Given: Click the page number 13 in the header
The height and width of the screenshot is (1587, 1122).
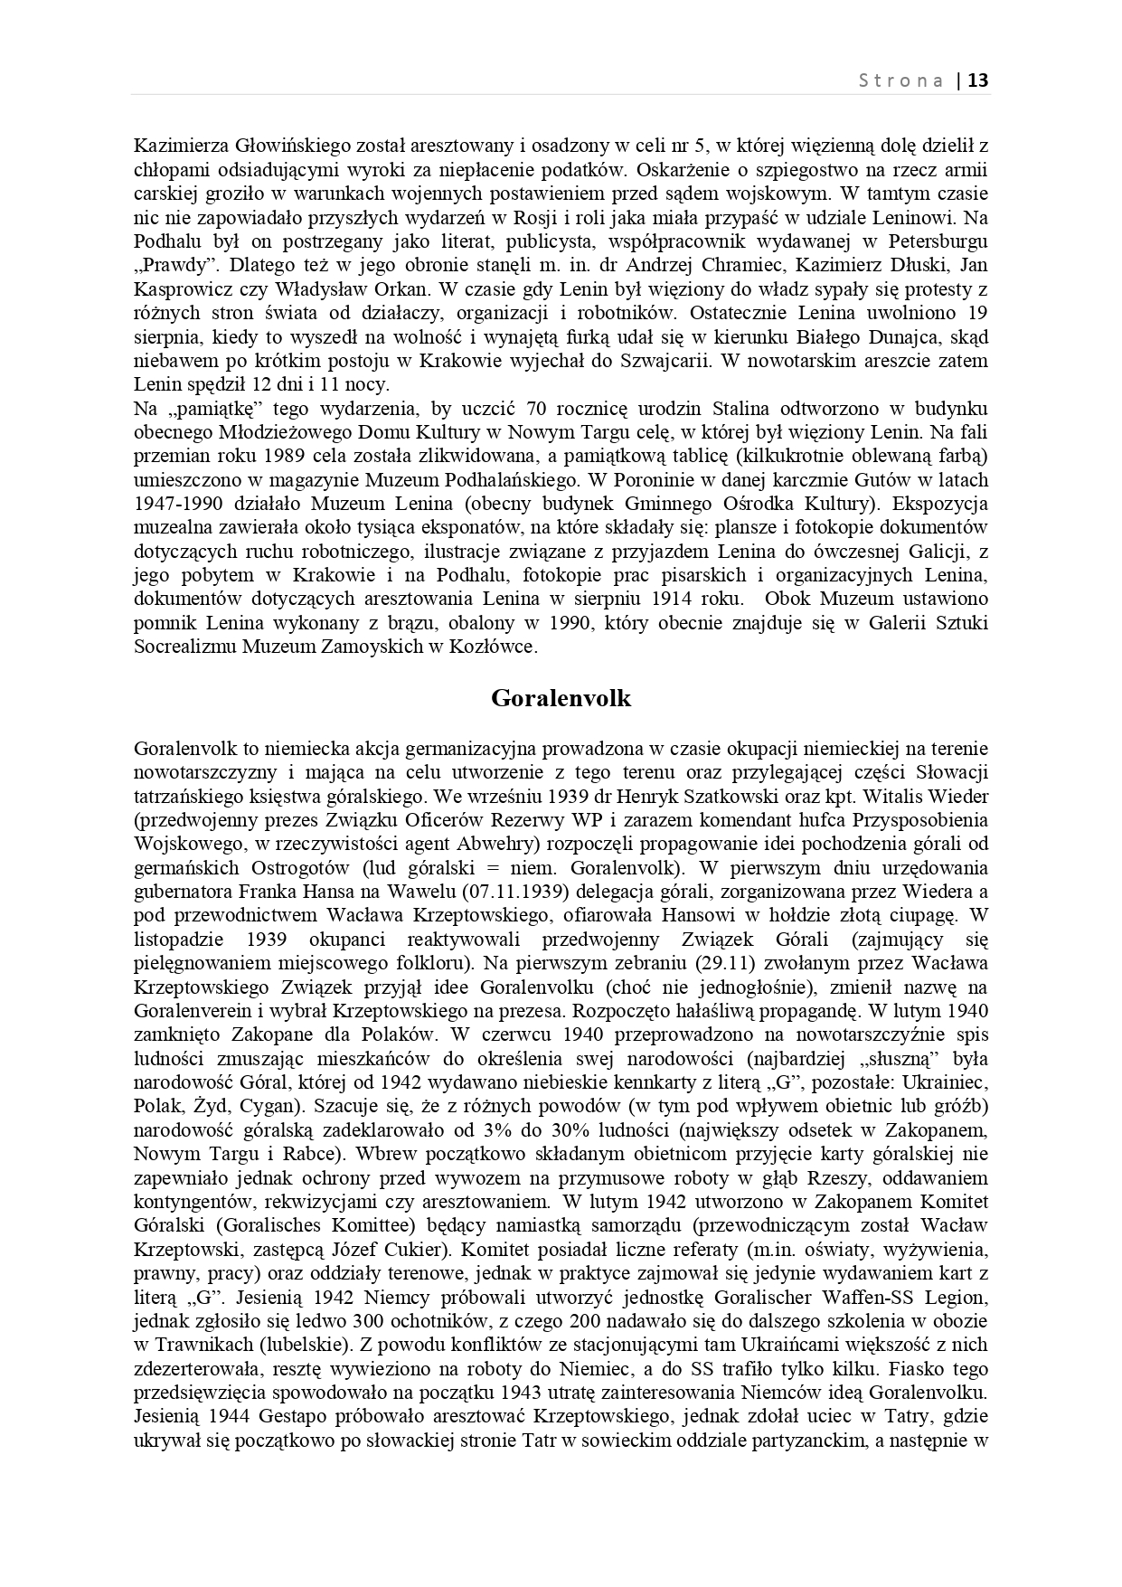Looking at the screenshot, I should (978, 80).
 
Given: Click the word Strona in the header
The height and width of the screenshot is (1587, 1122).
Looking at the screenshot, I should (900, 80).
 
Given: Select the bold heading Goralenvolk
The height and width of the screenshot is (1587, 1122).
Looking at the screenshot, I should (561, 698).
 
